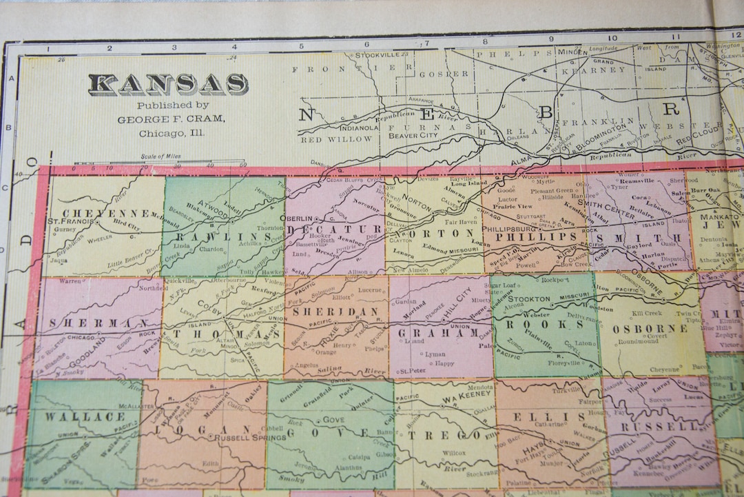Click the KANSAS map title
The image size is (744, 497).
[168, 84]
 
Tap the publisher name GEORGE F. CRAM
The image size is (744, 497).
[170, 119]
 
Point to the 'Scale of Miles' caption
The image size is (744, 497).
[162, 156]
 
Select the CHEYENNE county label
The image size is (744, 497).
[105, 212]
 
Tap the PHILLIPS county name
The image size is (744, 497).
[530, 236]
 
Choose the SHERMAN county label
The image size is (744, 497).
[95, 323]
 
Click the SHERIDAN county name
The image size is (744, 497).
[336, 312]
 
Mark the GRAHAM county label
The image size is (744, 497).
[439, 333]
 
